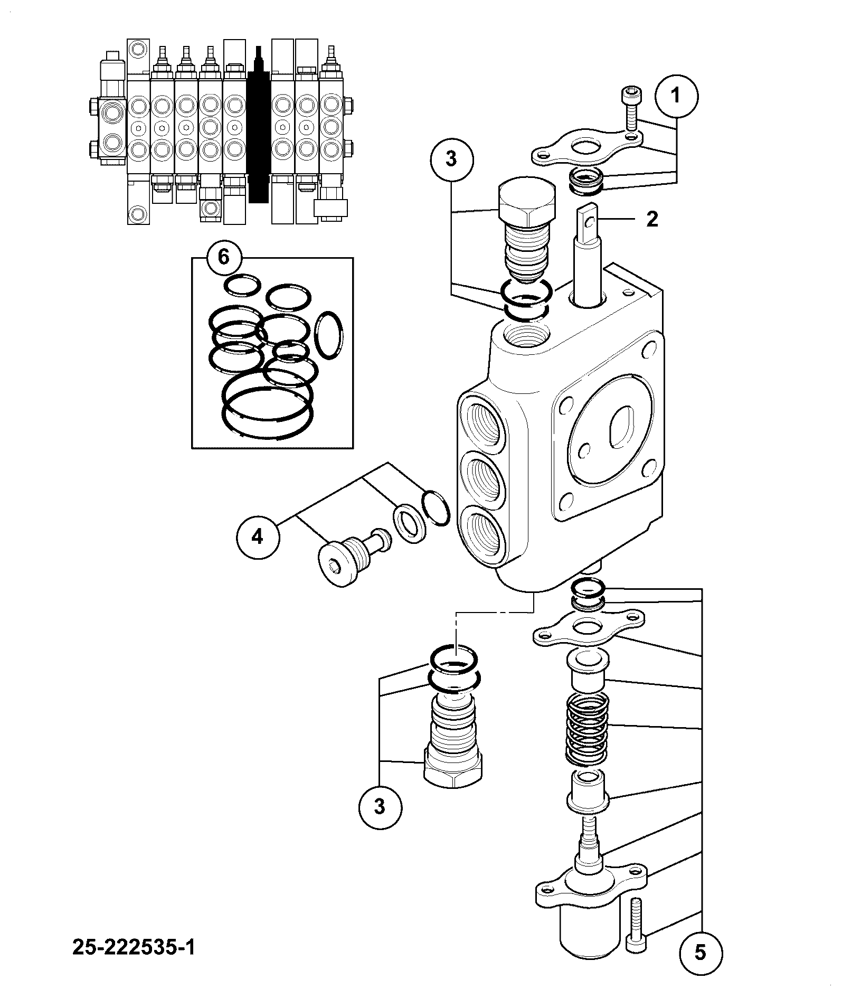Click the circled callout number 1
[x=676, y=96]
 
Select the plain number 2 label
[x=652, y=219]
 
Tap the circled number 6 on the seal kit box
[x=224, y=258]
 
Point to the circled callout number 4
[x=257, y=538]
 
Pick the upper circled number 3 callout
[x=451, y=159]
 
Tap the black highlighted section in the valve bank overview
[x=259, y=125]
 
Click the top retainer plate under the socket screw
[x=587, y=146]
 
